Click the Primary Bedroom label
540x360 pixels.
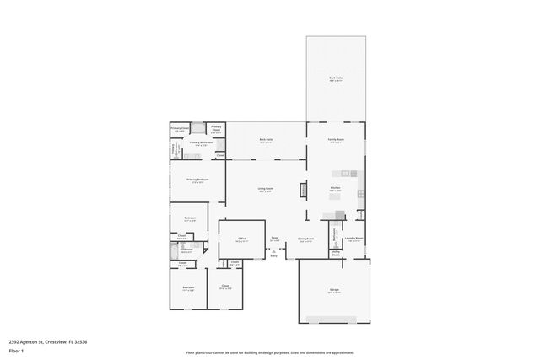pyautogui.click(x=197, y=180)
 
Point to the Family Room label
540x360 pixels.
pyautogui.click(x=335, y=141)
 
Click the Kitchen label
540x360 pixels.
pyautogui.click(x=334, y=189)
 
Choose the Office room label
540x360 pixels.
pyautogui.click(x=240, y=239)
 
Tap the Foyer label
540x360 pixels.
pyautogui.click(x=274, y=239)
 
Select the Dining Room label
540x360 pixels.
pyautogui.click(x=305, y=239)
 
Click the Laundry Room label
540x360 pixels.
pyautogui.click(x=354, y=239)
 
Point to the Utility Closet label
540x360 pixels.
pyautogui.click(x=335, y=252)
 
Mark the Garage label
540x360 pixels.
pyautogui.click(x=334, y=291)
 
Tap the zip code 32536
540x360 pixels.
pyautogui.click(x=81, y=341)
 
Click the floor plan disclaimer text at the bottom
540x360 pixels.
pyautogui.click(x=269, y=352)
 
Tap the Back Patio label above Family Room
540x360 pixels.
pyautogui.click(x=335, y=78)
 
